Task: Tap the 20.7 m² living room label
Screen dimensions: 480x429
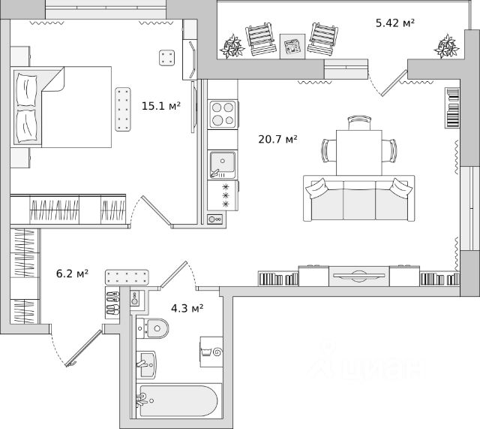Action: [x=278, y=139]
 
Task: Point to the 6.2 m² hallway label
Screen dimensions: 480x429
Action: [x=73, y=273]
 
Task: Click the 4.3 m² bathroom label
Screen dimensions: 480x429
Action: [x=187, y=307]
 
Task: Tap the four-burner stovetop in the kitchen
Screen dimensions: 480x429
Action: [x=223, y=114]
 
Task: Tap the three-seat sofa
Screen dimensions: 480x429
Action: [x=358, y=199]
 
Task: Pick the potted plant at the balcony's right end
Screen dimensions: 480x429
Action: [x=448, y=46]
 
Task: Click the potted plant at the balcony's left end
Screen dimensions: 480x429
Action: [x=233, y=46]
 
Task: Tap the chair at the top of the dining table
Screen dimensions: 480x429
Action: [x=359, y=122]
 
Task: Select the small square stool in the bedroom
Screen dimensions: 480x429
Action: [x=167, y=57]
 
